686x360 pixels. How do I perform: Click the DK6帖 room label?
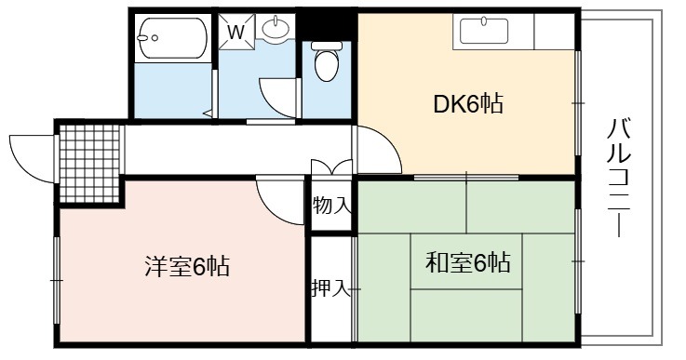pyautogui.click(x=467, y=103)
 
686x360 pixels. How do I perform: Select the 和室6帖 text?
pyautogui.click(x=467, y=262)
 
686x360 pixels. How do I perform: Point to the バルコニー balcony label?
pyautogui.click(x=619, y=177)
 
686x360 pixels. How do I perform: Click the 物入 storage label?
pyautogui.click(x=331, y=206)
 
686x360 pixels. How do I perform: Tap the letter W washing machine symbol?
pyautogui.click(x=236, y=32)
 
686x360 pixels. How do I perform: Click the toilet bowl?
pyautogui.click(x=327, y=61)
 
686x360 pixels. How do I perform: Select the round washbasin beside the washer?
pyautogui.click(x=276, y=29)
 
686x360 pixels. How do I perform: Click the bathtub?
pyautogui.click(x=172, y=37)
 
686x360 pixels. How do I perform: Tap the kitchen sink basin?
pyautogui.click(x=484, y=31)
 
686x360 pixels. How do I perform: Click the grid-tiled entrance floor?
pyautogui.click(x=89, y=164)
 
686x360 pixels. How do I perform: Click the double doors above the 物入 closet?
pyautogui.click(x=331, y=167)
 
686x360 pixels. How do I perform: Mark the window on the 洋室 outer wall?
pyautogui.click(x=57, y=280)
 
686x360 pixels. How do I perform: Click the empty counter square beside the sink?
pyautogui.click(x=554, y=31)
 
